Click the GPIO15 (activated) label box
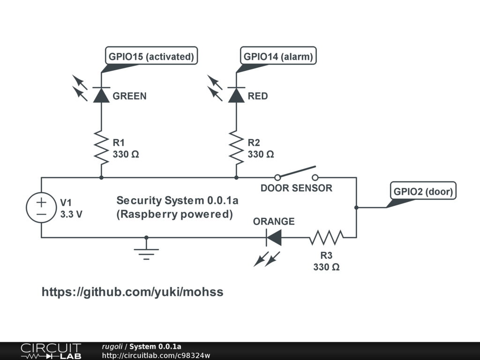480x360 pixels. pos(151,57)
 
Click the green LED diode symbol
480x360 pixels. pos(101,95)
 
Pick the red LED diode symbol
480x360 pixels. pos(236,95)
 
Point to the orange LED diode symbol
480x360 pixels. pos(274,237)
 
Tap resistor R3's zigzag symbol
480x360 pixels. pos(326,237)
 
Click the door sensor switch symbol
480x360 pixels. pos(296,173)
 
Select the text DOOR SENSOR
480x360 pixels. pos(296,188)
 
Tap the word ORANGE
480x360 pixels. pos(274,221)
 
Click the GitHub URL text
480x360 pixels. pos(133,292)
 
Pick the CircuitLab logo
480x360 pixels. pos(50,351)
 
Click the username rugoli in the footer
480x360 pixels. pos(112,347)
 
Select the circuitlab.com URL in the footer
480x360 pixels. pos(156,355)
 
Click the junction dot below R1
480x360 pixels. pos(101,178)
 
